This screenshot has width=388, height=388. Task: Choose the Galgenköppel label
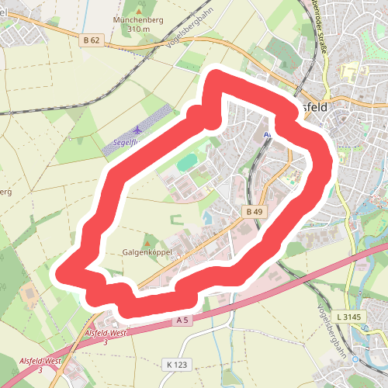(x=147, y=253)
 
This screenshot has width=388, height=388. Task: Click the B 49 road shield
(x=253, y=211)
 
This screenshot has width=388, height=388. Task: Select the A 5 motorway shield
(x=183, y=320)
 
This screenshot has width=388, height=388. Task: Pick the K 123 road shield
(x=177, y=364)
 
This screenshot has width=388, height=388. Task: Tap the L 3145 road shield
(x=350, y=317)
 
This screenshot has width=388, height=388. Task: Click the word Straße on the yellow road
(x=322, y=38)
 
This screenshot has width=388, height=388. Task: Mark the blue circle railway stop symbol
(x=356, y=359)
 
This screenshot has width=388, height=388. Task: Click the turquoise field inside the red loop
(x=187, y=163)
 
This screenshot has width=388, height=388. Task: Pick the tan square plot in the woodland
(x=29, y=293)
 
